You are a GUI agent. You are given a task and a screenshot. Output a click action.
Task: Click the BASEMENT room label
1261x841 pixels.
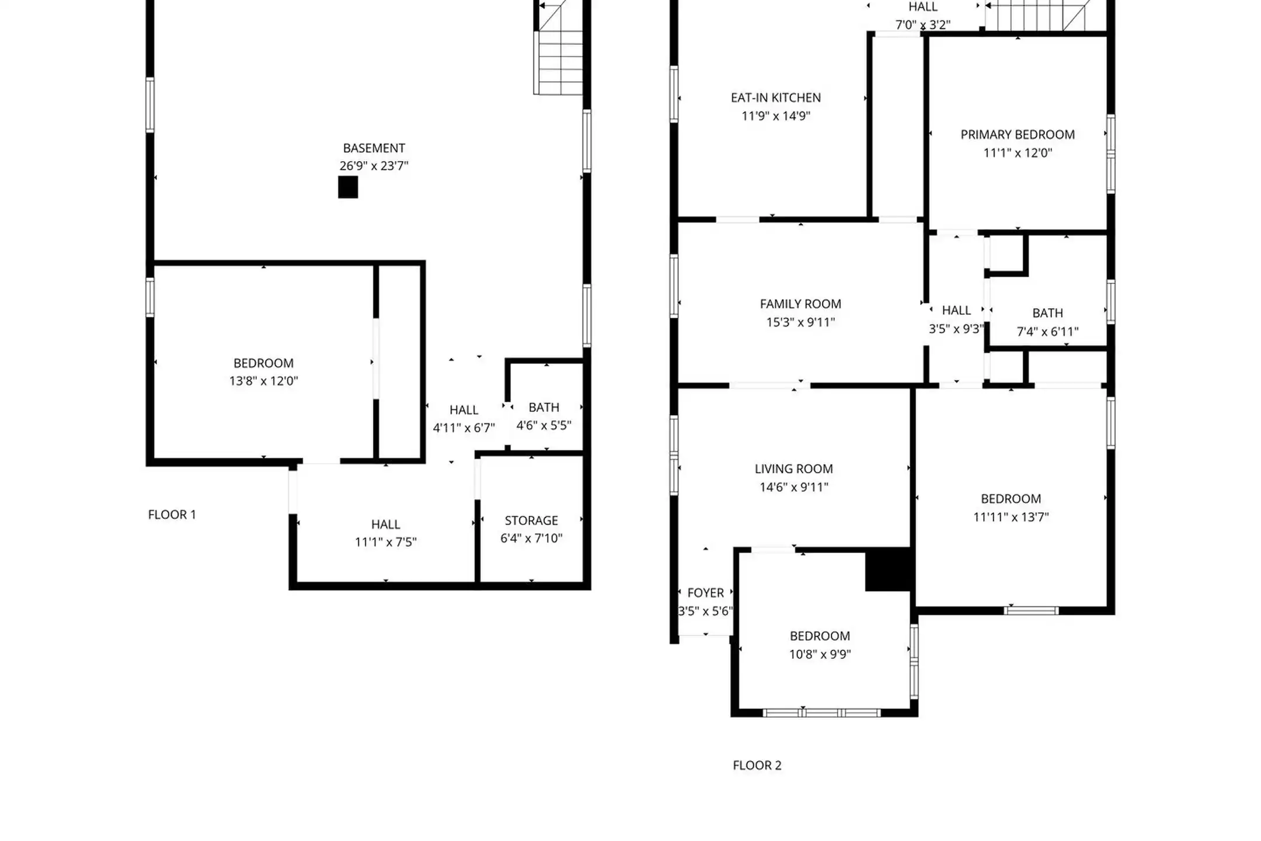tap(374, 148)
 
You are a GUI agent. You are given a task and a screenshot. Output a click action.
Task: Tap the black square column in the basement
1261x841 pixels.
tap(348, 187)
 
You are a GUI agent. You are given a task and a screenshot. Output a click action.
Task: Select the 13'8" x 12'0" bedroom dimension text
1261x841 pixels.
tap(263, 381)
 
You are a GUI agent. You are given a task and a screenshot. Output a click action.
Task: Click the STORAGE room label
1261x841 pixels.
tap(531, 520)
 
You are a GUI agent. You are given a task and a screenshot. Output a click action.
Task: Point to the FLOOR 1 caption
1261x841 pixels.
tap(172, 515)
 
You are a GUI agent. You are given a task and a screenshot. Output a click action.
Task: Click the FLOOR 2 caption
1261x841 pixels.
tap(757, 765)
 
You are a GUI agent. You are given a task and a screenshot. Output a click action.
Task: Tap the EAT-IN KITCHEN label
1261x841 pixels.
tap(776, 98)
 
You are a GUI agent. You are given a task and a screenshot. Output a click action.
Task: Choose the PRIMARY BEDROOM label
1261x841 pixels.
tap(1018, 134)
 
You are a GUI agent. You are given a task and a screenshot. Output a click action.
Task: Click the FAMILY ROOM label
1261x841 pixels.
tap(800, 304)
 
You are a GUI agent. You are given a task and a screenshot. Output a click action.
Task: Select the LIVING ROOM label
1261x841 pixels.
tap(793, 468)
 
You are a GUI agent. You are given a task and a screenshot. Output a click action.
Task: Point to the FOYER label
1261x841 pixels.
tap(705, 593)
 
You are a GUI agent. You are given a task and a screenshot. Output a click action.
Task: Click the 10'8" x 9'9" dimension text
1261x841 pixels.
tap(820, 654)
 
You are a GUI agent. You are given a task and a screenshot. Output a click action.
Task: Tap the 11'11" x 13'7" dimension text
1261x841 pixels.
tap(1011, 517)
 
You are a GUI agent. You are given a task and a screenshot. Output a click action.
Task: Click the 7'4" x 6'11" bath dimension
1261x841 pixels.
tap(1047, 332)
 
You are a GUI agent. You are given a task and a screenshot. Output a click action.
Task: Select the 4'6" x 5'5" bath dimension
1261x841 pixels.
tap(544, 425)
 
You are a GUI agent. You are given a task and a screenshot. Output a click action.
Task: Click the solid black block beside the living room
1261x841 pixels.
tap(888, 569)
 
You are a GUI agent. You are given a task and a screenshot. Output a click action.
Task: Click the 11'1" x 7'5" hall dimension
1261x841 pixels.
tap(385, 542)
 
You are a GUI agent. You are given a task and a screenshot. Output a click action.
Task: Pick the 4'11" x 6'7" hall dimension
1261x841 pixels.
tap(464, 428)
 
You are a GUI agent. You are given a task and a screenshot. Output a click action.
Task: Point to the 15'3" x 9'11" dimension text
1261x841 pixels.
tap(800, 322)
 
